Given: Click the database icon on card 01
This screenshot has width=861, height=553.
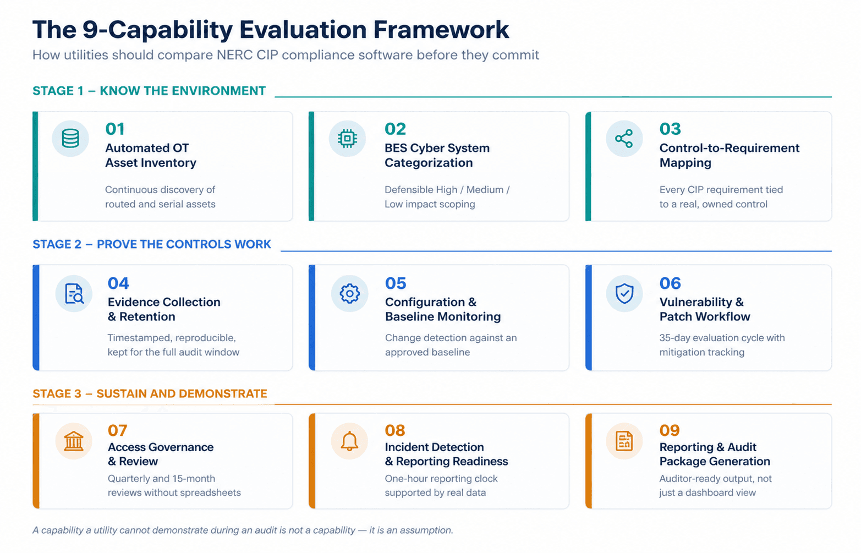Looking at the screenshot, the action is pyautogui.click(x=70, y=139).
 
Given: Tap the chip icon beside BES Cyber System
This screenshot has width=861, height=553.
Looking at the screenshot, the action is pyautogui.click(x=347, y=139).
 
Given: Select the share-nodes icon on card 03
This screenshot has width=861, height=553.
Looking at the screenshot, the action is pyautogui.click(x=624, y=139).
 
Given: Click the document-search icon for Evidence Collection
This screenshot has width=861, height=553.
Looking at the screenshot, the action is pyautogui.click(x=74, y=294).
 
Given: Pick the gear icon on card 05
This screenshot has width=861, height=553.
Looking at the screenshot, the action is pyautogui.click(x=349, y=294).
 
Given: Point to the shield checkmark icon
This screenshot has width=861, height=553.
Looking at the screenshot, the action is pyautogui.click(x=624, y=294).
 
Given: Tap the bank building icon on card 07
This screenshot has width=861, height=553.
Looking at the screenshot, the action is pyautogui.click(x=73, y=441).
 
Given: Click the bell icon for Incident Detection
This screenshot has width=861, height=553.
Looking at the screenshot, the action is pyautogui.click(x=349, y=441).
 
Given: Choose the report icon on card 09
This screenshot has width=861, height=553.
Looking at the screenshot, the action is pyautogui.click(x=624, y=441).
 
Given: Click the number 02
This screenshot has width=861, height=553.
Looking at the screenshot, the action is pyautogui.click(x=395, y=129).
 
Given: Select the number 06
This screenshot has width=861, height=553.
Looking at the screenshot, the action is pyautogui.click(x=670, y=283).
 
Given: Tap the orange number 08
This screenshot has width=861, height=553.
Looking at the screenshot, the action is pyautogui.click(x=395, y=430).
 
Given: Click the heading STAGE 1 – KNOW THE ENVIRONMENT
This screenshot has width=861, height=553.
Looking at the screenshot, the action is pyautogui.click(x=149, y=91).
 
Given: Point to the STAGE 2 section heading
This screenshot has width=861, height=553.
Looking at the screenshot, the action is pyautogui.click(x=152, y=244).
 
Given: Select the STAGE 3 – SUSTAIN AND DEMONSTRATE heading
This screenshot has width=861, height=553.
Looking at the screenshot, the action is pyautogui.click(x=150, y=393).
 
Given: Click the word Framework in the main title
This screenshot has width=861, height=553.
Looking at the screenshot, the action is pyautogui.click(x=441, y=30).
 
